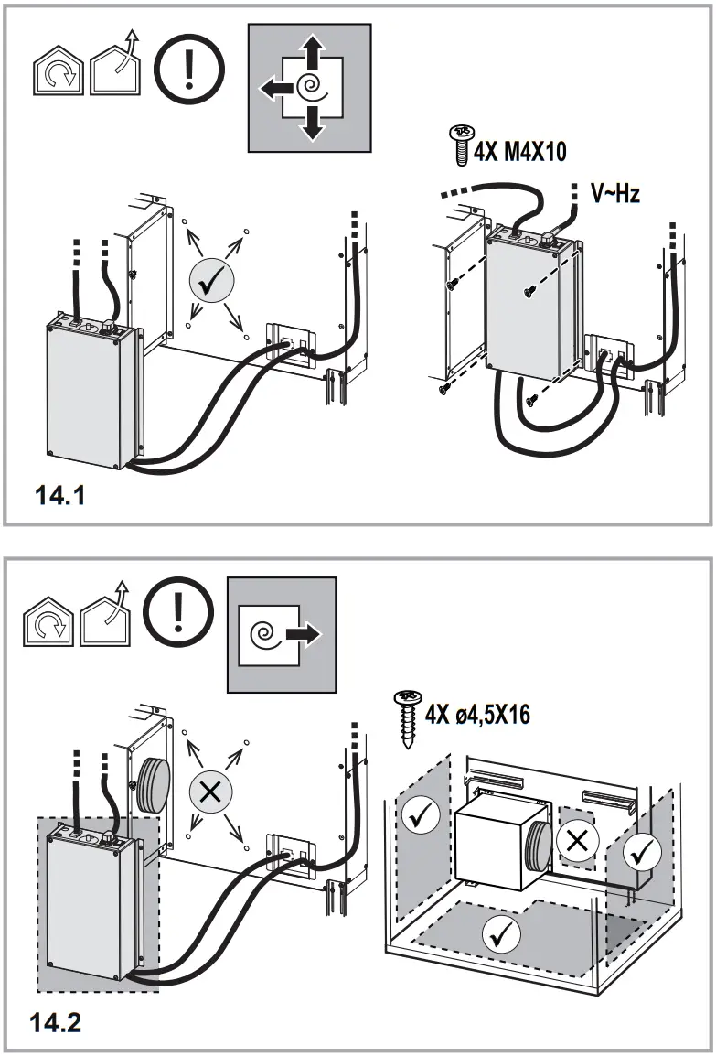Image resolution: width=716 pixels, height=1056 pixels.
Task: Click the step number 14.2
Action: (x=58, y=1021)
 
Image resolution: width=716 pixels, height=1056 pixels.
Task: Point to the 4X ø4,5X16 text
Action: (x=476, y=712)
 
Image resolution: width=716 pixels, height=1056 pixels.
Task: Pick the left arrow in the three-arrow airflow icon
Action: (x=272, y=89)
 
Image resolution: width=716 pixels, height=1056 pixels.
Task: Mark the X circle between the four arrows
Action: (x=210, y=792)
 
